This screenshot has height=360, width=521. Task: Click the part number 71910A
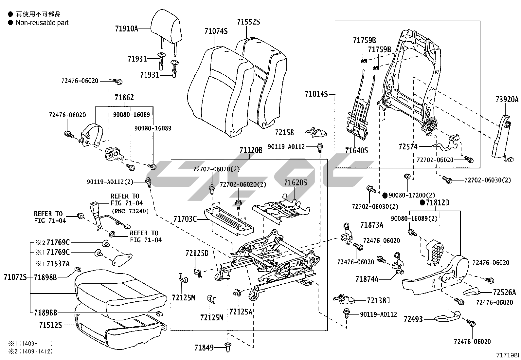click(126, 28)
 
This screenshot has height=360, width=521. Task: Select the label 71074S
click(216, 31)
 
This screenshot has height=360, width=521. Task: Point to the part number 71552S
click(248, 22)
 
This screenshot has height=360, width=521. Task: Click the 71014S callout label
click(316, 94)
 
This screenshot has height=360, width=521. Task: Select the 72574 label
click(408, 147)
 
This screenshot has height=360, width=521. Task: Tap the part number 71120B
click(251, 150)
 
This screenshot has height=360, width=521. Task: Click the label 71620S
click(296, 182)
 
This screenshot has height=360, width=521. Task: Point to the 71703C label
click(185, 219)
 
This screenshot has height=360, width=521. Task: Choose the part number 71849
click(204, 348)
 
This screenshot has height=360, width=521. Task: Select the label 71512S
click(50, 325)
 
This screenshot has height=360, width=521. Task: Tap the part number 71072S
click(15, 277)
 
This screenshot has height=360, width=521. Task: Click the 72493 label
click(413, 319)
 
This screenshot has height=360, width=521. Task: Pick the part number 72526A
click(504, 292)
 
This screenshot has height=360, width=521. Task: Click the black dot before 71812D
click(422, 203)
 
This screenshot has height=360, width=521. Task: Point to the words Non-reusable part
click(42, 23)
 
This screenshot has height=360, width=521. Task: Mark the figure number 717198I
click(508, 355)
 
